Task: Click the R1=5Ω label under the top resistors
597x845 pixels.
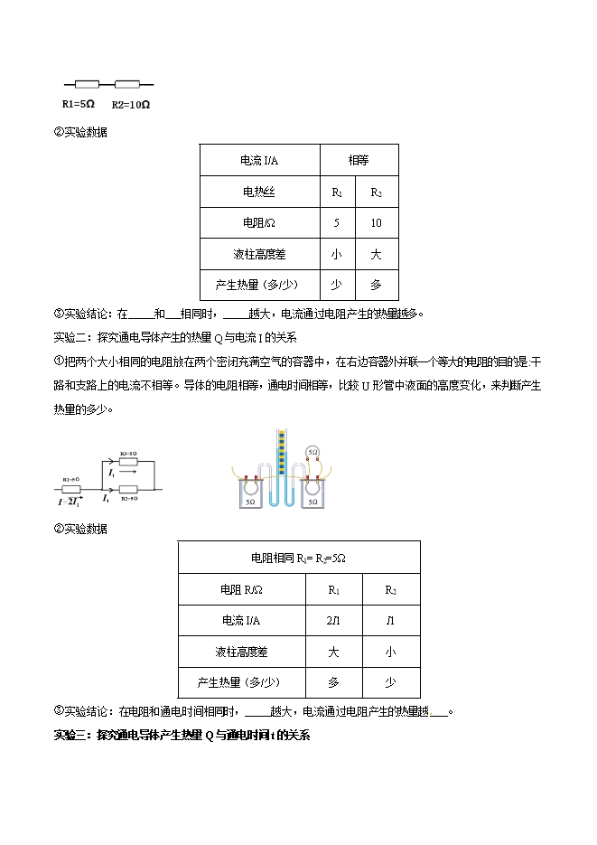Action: [x=78, y=104]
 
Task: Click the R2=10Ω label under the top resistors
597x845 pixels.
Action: [x=131, y=104]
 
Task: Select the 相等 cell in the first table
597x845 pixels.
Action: [x=359, y=160]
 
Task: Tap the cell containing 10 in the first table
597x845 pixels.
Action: [x=377, y=222]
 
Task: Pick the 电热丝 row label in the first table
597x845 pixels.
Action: [x=259, y=192]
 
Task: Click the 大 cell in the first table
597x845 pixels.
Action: [x=377, y=254]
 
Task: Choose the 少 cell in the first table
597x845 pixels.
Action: [x=337, y=285]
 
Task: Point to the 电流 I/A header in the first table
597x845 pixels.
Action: [x=259, y=160]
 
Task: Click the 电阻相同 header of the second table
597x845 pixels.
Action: [x=298, y=558]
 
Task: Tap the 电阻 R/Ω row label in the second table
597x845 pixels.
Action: [x=241, y=589]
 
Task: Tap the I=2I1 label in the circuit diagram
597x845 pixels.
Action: [x=70, y=499]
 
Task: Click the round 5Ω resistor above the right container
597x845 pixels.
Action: [x=312, y=451]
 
